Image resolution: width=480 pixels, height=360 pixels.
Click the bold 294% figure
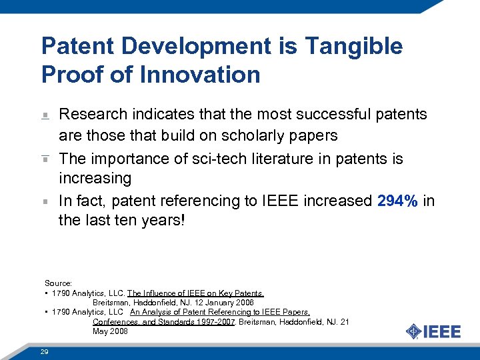tap(398, 201)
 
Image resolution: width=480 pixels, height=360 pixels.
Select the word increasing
tap(95, 179)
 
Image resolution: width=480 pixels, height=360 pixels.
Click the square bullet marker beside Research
tap(45, 115)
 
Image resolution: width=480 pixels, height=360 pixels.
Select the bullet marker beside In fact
tap(45, 201)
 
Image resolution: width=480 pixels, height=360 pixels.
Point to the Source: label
tap(58, 283)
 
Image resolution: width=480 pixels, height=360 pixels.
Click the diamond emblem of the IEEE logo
tap(414, 331)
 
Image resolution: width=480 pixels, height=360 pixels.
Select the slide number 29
tap(44, 351)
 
